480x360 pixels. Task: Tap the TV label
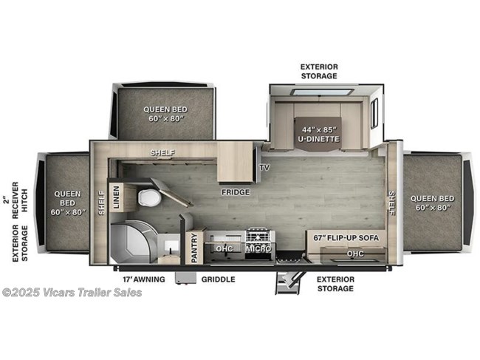click(264, 167)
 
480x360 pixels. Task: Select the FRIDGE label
click(235, 192)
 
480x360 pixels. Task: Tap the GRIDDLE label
click(218, 279)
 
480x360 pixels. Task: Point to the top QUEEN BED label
click(163, 113)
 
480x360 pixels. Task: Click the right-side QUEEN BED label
click(434, 202)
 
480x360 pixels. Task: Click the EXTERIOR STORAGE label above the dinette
click(318, 71)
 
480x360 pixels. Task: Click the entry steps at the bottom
click(288, 282)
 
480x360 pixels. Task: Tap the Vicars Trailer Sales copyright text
click(72, 292)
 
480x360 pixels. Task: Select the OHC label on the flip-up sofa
click(355, 253)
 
